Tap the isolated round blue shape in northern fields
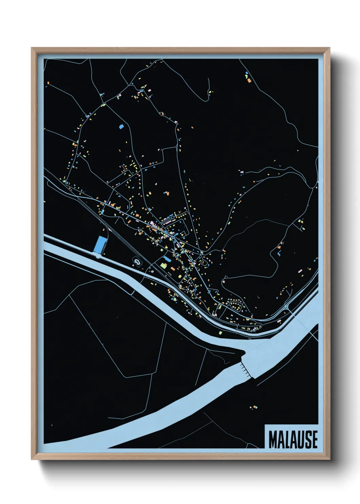coord(121,127)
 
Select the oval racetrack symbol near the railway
coord(137,262)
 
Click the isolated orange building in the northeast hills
coord(249,80)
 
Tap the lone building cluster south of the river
coord(252,407)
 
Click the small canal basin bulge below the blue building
coord(98,256)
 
